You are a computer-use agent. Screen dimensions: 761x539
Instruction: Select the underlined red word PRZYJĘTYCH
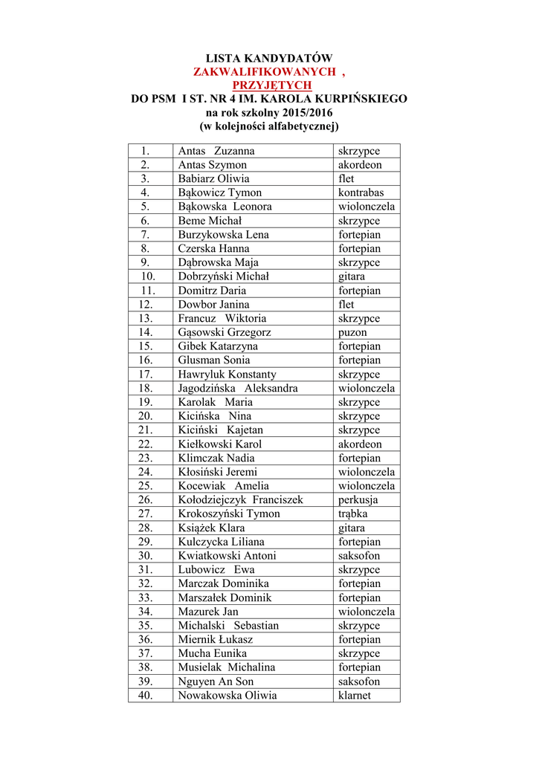click(x=268, y=85)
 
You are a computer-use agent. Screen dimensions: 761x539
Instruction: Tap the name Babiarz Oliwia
click(x=213, y=179)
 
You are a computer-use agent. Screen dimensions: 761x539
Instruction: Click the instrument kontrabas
click(x=361, y=193)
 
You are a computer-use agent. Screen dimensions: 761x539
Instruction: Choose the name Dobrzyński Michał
click(x=223, y=276)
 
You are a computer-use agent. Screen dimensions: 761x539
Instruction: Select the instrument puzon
click(x=352, y=332)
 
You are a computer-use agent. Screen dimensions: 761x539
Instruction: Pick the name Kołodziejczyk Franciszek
click(x=240, y=500)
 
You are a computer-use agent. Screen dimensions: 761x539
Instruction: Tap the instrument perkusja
click(x=358, y=500)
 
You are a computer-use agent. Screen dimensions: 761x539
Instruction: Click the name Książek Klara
click(x=211, y=528)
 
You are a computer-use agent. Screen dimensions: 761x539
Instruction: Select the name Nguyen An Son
click(x=216, y=681)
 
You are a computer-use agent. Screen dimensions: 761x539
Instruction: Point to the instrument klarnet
click(x=354, y=696)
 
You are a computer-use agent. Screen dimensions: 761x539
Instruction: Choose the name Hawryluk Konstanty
click(x=227, y=375)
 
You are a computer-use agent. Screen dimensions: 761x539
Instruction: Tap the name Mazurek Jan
click(x=208, y=612)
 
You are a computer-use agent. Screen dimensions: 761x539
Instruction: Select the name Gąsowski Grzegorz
click(x=224, y=332)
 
